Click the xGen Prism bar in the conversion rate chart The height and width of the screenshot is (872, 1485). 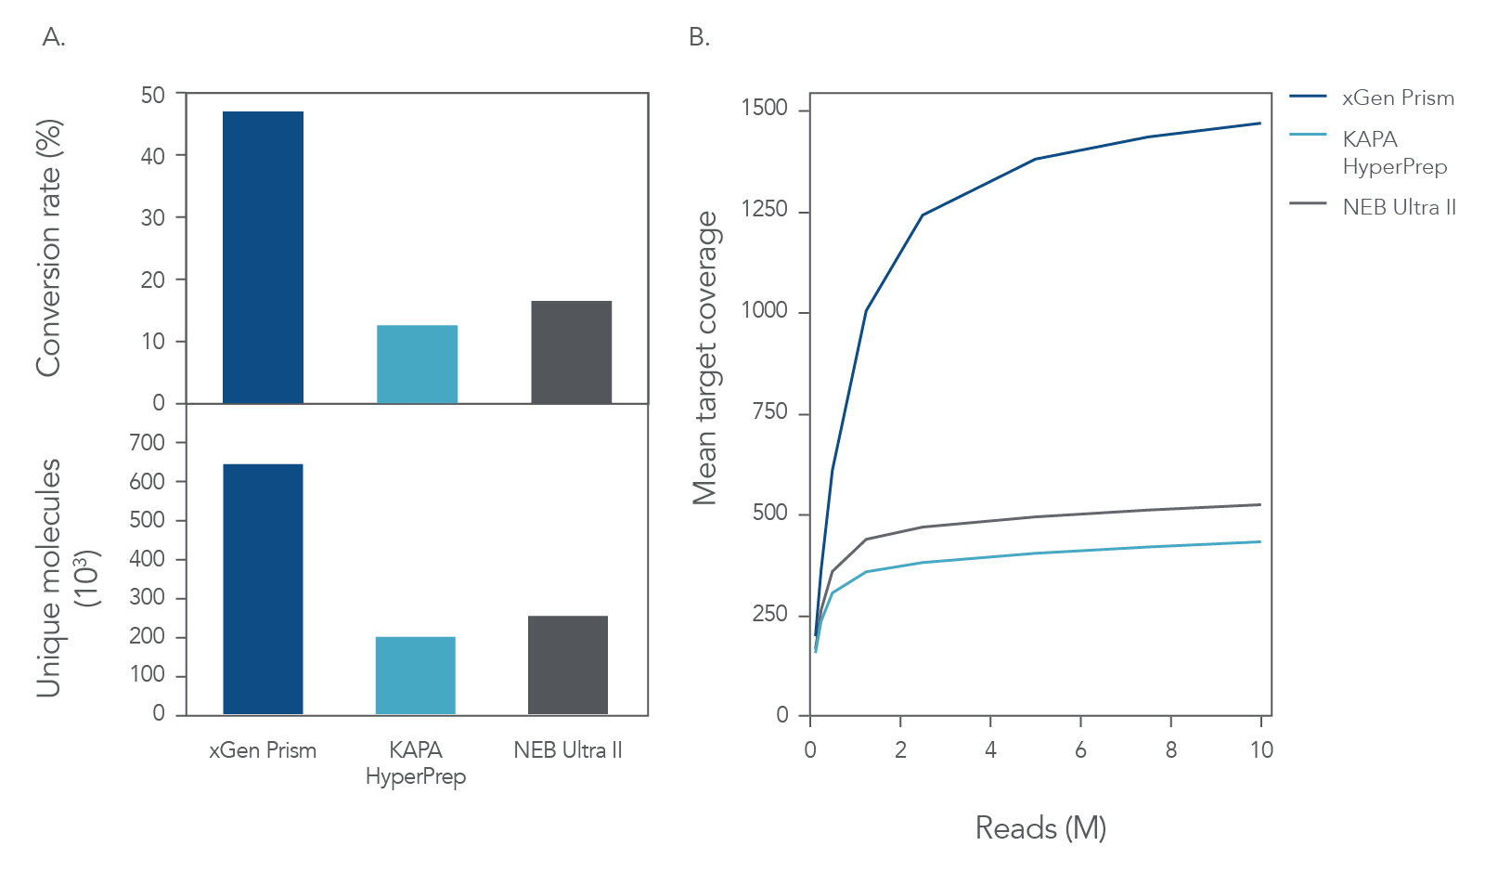[263, 257]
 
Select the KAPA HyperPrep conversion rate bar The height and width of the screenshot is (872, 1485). [417, 364]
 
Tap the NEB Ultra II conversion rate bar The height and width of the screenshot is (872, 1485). [571, 352]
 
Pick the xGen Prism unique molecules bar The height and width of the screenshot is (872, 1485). [263, 589]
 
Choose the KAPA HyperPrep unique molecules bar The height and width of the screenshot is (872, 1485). [415, 675]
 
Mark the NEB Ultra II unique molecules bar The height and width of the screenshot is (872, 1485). [567, 665]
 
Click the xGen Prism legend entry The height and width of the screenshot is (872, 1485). [1398, 98]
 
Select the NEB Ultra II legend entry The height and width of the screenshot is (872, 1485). [1399, 207]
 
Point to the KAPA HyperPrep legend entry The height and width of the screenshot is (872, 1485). [1394, 152]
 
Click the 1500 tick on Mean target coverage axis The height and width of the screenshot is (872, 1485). [764, 109]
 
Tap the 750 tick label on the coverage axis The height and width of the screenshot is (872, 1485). [769, 412]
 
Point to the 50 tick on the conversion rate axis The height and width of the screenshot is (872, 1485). [153, 95]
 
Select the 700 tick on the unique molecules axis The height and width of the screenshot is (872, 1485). [147, 443]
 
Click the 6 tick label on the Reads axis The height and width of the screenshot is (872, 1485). [1080, 750]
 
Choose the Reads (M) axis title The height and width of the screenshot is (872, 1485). [1040, 827]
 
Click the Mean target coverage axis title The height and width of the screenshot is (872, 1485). [705, 358]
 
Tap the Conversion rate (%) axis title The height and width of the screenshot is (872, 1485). [48, 248]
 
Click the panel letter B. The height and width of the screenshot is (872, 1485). [699, 37]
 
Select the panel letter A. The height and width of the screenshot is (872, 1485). [54, 37]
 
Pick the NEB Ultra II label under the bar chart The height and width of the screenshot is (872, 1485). [568, 750]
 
